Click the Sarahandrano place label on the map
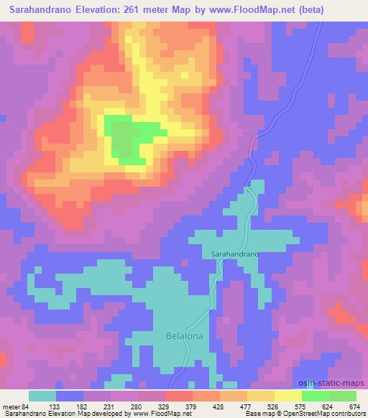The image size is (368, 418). point(235,254)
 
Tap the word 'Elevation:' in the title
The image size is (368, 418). point(88,10)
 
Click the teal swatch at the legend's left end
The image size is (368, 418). point(42,395)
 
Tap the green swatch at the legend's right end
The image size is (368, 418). point(342,395)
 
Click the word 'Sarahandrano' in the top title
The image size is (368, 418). point(30,10)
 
